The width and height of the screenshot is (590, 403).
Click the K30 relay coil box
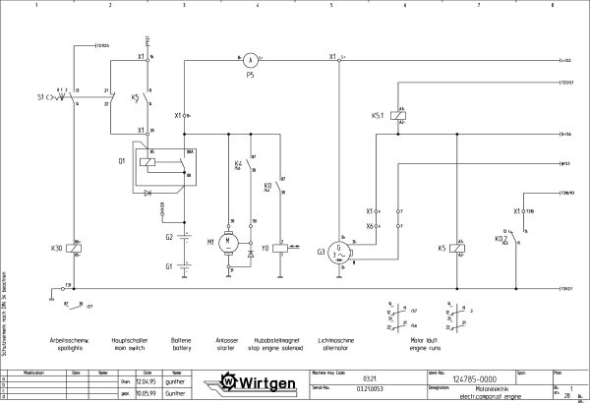point(78,250)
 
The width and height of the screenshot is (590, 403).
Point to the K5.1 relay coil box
point(394,116)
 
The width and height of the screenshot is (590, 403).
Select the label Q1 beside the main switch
point(122,158)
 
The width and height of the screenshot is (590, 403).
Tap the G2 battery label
point(169,237)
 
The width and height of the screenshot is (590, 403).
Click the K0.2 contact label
point(501,238)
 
